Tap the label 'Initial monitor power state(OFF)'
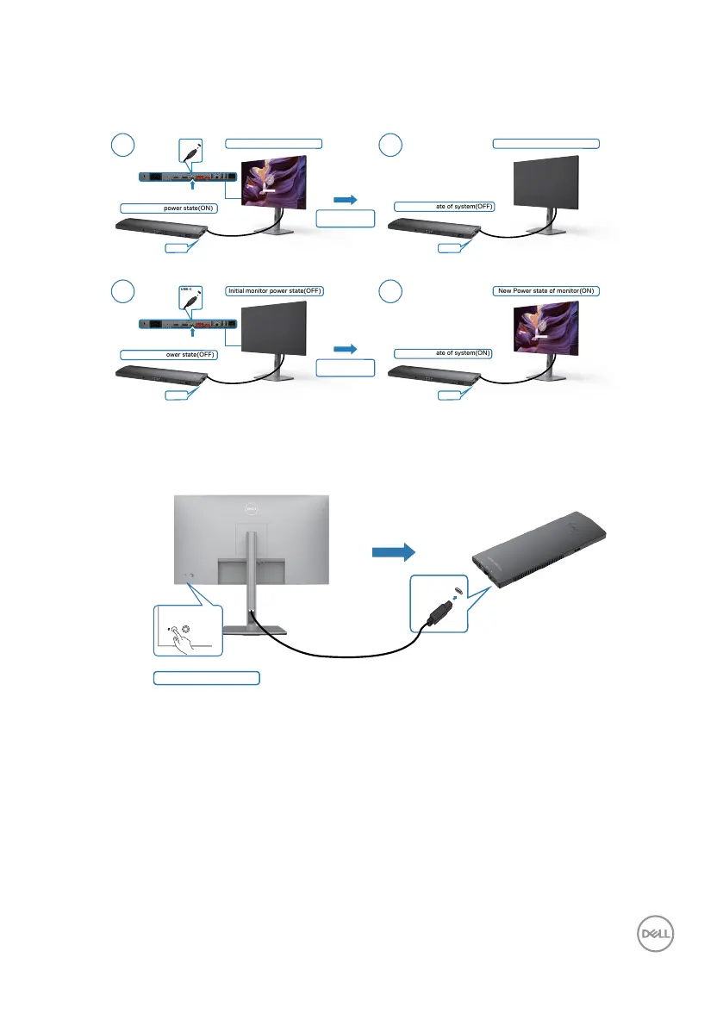pyautogui.click(x=274, y=290)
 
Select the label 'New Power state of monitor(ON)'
pyautogui.click(x=545, y=290)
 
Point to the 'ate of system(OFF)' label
pyautogui.click(x=443, y=206)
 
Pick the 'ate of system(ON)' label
pyautogui.click(x=443, y=352)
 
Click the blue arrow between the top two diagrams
pyautogui.click(x=345, y=199)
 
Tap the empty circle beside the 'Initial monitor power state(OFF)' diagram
pyautogui.click(x=128, y=292)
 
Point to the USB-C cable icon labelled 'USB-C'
pyautogui.click(x=192, y=297)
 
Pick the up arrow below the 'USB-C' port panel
pyautogui.click(x=192, y=331)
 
